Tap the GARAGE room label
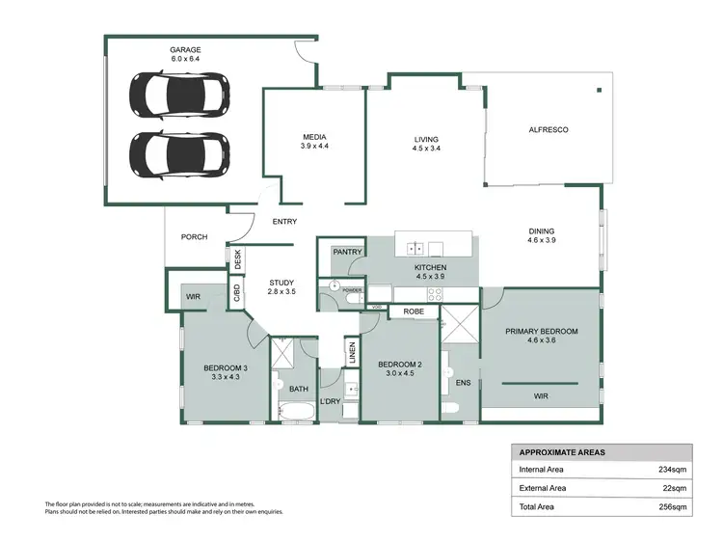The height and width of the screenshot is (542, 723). pyautogui.click(x=185, y=48)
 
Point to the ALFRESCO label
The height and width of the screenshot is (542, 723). pyautogui.click(x=547, y=130)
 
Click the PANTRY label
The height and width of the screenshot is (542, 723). pyautogui.click(x=346, y=252)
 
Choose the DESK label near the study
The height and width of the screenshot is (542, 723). pyautogui.click(x=236, y=259)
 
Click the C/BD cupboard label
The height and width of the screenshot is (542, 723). pyautogui.click(x=236, y=292)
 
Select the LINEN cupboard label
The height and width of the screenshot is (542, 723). pyautogui.click(x=352, y=355)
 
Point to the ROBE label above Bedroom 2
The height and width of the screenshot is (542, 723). pyautogui.click(x=414, y=312)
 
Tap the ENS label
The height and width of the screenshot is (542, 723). pyautogui.click(x=464, y=383)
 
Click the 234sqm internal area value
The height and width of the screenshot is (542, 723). pyautogui.click(x=672, y=470)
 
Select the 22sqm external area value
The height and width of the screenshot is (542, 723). pyautogui.click(x=674, y=488)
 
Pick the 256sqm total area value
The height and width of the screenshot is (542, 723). pyautogui.click(x=672, y=506)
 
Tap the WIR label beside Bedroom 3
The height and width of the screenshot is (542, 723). pyautogui.click(x=193, y=296)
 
